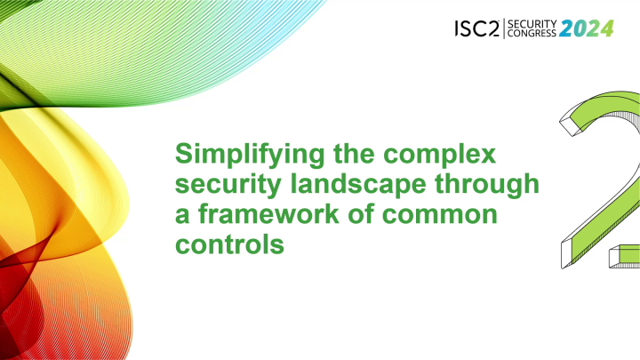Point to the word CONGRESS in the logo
(x=531, y=35)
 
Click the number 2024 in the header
(x=587, y=28)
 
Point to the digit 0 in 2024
(x=580, y=28)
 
